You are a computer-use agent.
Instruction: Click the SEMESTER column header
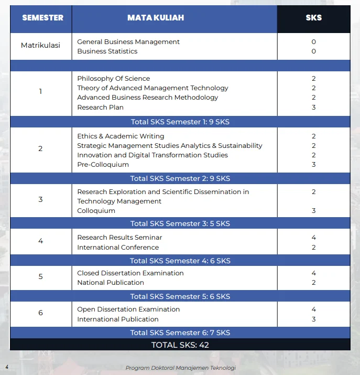(42, 18)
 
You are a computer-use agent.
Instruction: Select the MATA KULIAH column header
(156, 18)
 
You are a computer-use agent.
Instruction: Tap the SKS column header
(313, 18)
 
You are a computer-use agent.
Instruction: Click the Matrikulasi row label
(40, 46)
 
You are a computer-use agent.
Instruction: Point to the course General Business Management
(128, 42)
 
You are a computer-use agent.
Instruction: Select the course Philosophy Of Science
(114, 79)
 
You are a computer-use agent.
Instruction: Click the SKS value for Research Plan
(313, 108)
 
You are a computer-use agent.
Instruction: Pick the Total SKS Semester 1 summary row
(180, 122)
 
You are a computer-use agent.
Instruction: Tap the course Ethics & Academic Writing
(121, 136)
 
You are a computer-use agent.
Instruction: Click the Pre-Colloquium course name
(103, 165)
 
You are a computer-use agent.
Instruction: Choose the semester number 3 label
(40, 200)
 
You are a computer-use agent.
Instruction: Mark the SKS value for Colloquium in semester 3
(313, 211)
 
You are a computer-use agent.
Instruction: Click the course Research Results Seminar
(119, 238)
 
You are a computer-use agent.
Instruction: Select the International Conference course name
(118, 248)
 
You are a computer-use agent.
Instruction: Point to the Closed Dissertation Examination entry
(130, 273)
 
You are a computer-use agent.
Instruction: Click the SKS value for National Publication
(313, 283)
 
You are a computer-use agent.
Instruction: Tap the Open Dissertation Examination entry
(128, 309)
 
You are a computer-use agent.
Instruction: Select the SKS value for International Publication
(313, 319)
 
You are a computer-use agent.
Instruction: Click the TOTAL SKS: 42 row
(180, 345)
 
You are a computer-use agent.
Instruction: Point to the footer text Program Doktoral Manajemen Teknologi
(181, 368)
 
